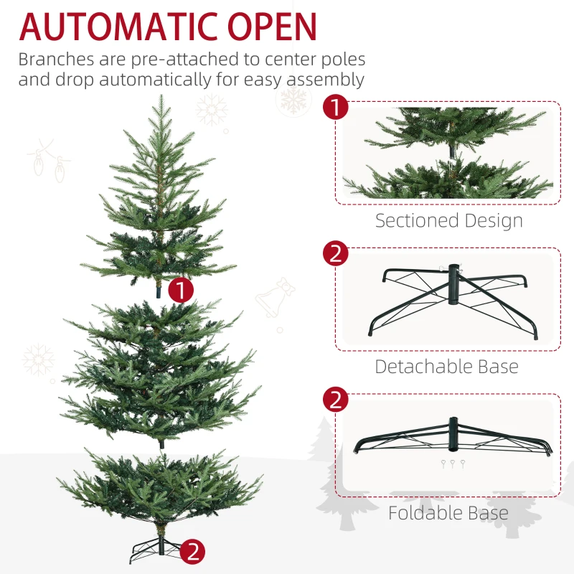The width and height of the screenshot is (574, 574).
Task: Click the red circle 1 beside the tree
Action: (182, 290)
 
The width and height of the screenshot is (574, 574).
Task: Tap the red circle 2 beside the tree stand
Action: (193, 551)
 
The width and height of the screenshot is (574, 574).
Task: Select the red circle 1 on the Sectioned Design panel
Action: (335, 108)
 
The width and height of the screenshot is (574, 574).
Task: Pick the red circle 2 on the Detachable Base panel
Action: (335, 254)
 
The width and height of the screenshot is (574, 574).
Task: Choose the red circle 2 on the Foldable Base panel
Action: (335, 399)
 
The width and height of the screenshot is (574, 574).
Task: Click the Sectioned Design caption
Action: (448, 220)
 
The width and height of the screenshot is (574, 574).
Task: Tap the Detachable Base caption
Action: (446, 367)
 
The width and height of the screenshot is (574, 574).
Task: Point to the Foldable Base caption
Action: (448, 513)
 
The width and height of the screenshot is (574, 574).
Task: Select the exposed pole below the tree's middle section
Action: (162, 443)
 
